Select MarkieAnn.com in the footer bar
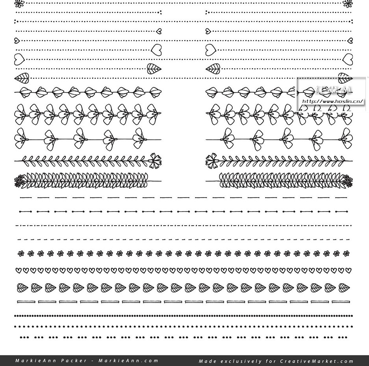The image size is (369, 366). point(128,360)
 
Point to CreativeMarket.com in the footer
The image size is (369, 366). point(317,361)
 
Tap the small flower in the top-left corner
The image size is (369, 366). point(19,4)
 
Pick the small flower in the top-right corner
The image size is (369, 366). point(348,4)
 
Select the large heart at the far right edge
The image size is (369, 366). point(348,60)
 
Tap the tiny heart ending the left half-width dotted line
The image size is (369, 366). point(159,31)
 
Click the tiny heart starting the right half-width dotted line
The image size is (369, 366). point(208,31)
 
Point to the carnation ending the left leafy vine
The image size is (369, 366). point(155,160)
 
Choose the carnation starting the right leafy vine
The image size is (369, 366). point(212,160)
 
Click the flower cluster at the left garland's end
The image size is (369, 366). point(19,181)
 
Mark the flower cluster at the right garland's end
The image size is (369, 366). point(347,181)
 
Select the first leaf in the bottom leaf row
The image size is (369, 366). point(22,288)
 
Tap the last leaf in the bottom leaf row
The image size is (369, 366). point(344,288)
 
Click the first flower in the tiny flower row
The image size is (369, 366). point(21,254)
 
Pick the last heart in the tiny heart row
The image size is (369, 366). point(348,271)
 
